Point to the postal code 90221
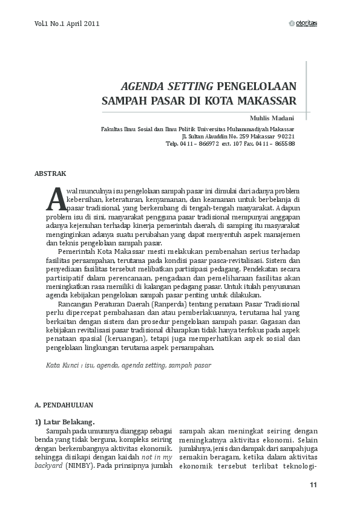pyautogui.click(x=284, y=137)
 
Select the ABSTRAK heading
pyautogui.click(x=50, y=174)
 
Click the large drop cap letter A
pyautogui.click(x=55, y=197)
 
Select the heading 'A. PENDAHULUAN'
pyautogui.click(x=64, y=404)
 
